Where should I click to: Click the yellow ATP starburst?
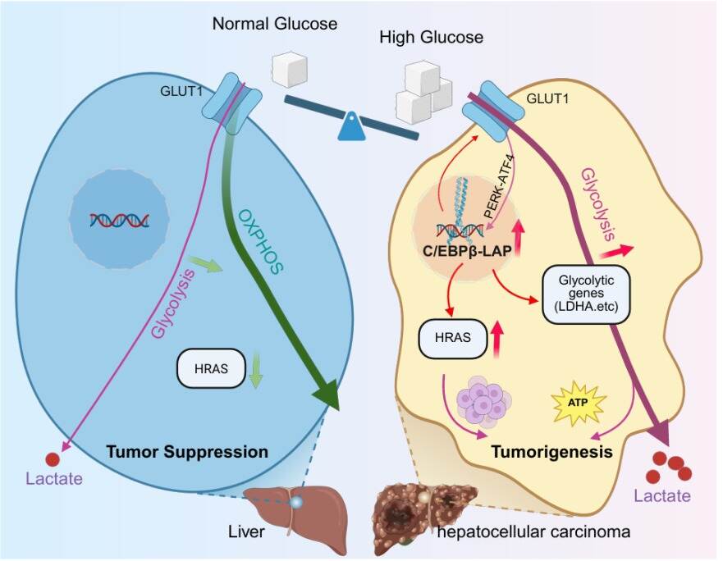pyautogui.click(x=579, y=402)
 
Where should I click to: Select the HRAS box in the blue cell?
pyautogui.click(x=211, y=368)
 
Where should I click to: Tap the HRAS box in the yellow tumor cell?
pyautogui.click(x=452, y=338)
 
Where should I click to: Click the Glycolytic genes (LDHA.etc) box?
pyautogui.click(x=586, y=294)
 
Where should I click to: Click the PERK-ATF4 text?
pyautogui.click(x=499, y=187)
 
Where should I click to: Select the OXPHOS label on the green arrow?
pyautogui.click(x=260, y=241)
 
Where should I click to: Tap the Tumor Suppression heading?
pyautogui.click(x=187, y=451)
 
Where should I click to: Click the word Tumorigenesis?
pyautogui.click(x=552, y=452)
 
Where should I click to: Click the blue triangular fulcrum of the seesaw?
pyautogui.click(x=352, y=125)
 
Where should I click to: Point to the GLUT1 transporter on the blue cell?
pyautogui.click(x=232, y=103)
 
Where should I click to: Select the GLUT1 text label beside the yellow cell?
pyautogui.click(x=547, y=98)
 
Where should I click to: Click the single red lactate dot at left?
pyautogui.click(x=53, y=459)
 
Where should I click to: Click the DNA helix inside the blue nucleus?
pyautogui.click(x=120, y=221)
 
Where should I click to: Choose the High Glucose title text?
pyautogui.click(x=431, y=37)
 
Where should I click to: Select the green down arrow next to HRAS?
pyautogui.click(x=255, y=371)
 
